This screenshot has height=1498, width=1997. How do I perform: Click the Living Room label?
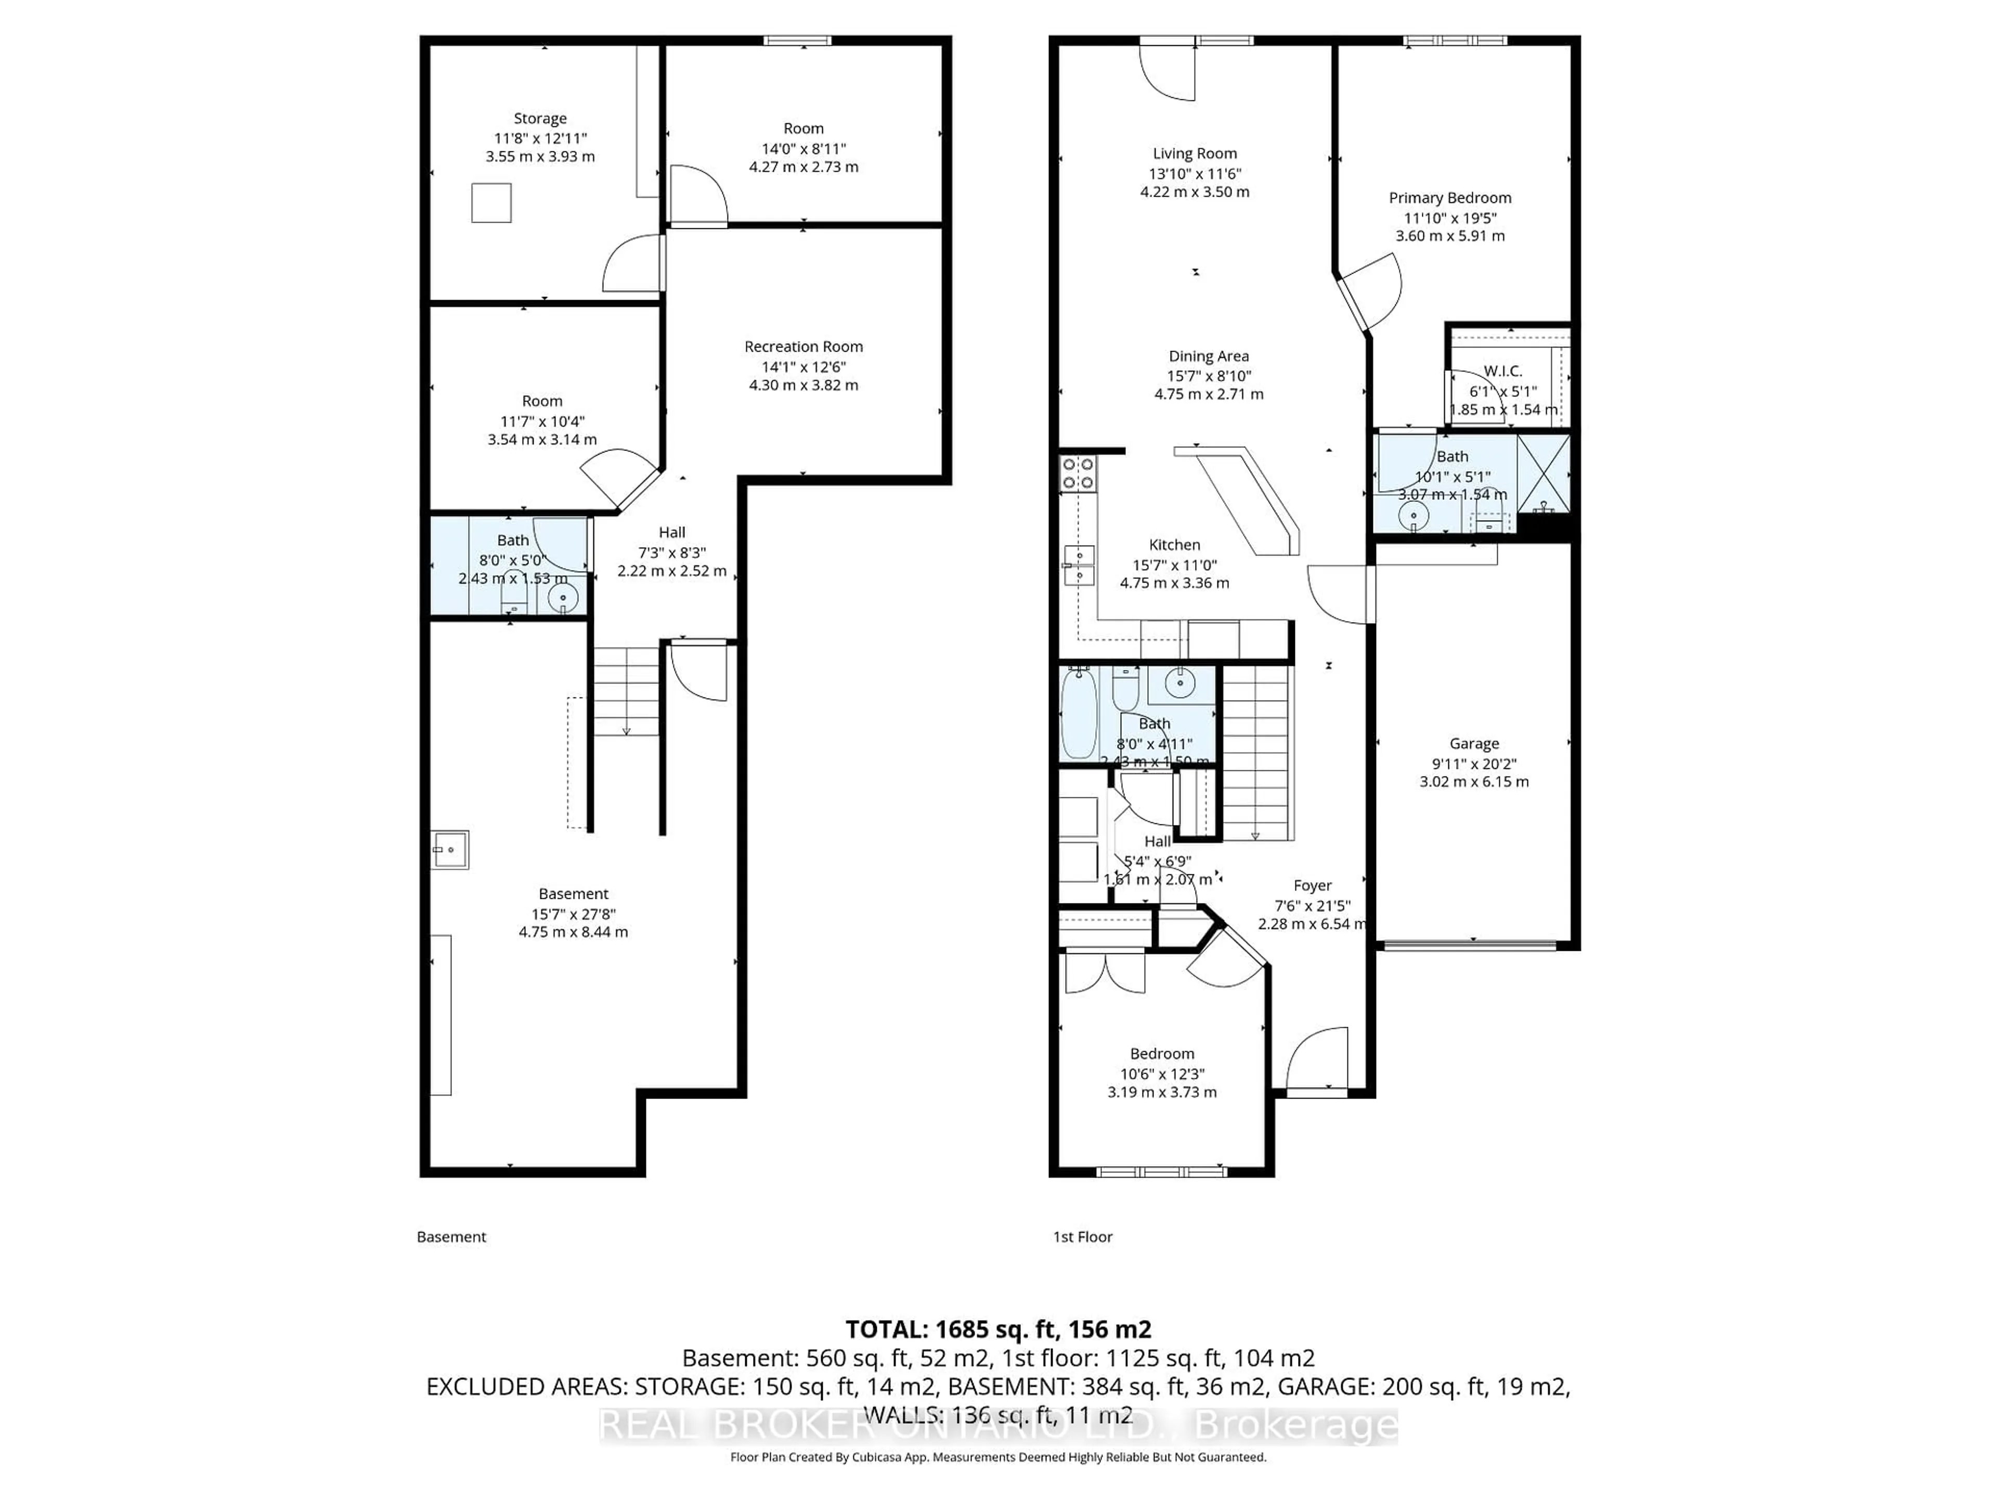pyautogui.click(x=1195, y=153)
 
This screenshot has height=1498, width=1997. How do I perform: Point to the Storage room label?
pyautogui.click(x=540, y=118)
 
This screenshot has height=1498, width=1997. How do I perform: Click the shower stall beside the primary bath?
pyautogui.click(x=1543, y=473)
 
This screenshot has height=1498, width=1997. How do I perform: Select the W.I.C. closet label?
pyautogui.click(x=1502, y=371)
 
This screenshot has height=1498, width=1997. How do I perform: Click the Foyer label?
pyautogui.click(x=1312, y=886)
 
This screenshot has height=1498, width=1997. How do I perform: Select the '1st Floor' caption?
pyautogui.click(x=1082, y=1237)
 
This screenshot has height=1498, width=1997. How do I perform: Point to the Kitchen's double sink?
pyautogui.click(x=1079, y=565)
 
